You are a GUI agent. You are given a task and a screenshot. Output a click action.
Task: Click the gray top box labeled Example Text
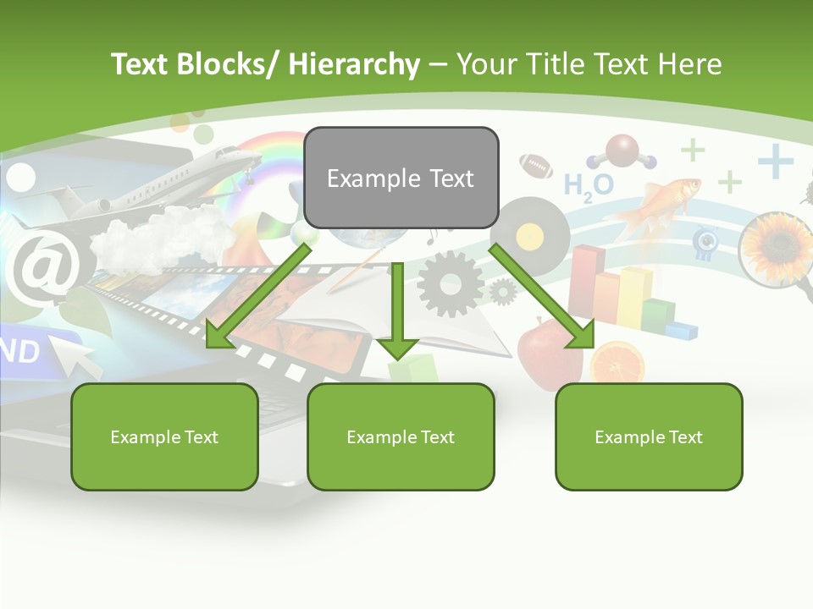pyautogui.click(x=401, y=178)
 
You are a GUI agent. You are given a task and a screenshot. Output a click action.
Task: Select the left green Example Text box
pyautogui.click(x=164, y=436)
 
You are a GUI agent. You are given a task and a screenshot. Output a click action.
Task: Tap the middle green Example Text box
pyautogui.click(x=401, y=436)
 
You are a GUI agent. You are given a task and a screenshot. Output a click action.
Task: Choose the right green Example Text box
pyautogui.click(x=649, y=436)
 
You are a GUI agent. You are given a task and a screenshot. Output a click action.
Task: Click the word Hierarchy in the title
pyautogui.click(x=354, y=63)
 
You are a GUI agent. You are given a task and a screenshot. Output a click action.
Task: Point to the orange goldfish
pyautogui.click(x=661, y=203)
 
